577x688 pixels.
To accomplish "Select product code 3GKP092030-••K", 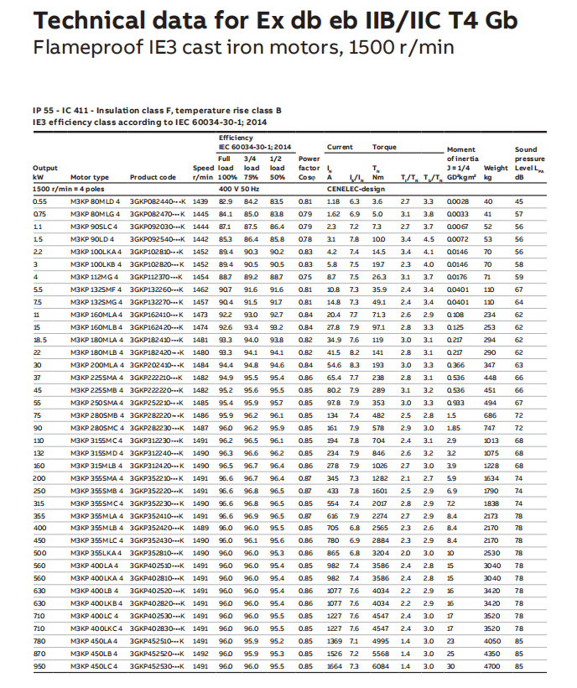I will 158,227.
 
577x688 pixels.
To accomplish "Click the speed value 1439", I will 200,201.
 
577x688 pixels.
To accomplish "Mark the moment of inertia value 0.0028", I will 458,201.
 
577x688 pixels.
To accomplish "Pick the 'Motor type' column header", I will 90,178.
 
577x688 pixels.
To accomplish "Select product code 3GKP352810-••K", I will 158,554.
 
